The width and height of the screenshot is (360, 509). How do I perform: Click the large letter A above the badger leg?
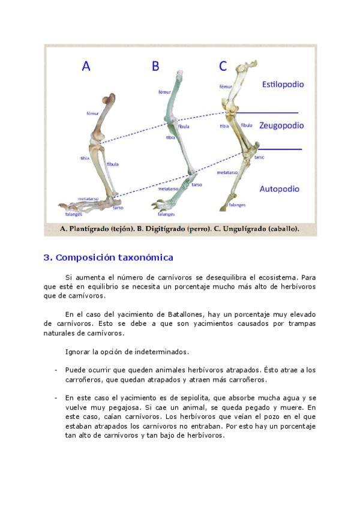[x=86, y=66]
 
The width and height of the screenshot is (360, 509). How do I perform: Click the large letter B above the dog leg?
[x=155, y=66]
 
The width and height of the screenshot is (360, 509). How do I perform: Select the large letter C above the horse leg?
[x=223, y=65]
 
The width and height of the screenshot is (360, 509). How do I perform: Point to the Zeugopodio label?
[x=281, y=125]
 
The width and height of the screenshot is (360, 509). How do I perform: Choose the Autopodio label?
[x=279, y=188]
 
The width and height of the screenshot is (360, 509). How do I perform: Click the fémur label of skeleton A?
[x=92, y=112]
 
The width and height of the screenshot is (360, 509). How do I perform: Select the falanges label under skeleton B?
[x=166, y=214]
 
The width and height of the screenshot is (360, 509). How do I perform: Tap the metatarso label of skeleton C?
[x=227, y=172]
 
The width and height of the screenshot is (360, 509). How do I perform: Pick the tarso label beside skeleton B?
[x=197, y=185]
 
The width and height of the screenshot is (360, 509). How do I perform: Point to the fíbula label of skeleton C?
[x=247, y=126]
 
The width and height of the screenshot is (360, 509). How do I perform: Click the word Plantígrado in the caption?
[x=91, y=229]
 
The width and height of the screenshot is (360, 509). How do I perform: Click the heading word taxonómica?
[x=146, y=258]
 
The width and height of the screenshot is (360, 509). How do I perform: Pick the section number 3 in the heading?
[x=47, y=258]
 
